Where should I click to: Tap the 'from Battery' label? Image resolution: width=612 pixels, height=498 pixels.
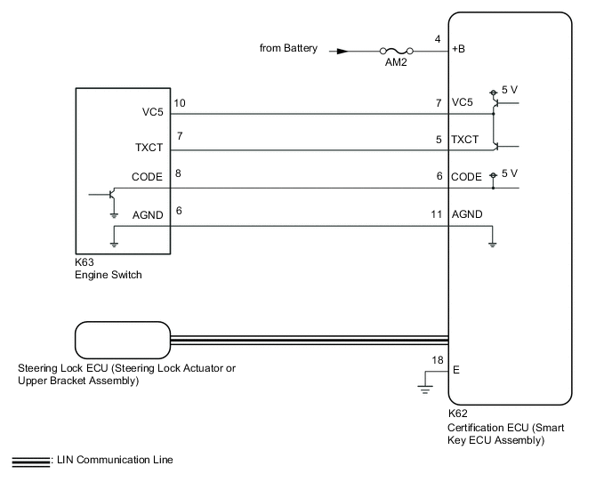coord(289,49)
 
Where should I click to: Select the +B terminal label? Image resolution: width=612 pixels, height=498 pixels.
coord(459,49)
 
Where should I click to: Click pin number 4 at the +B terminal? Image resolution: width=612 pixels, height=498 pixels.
coord(437,40)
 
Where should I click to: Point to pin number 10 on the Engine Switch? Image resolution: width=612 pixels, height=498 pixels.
coord(180,104)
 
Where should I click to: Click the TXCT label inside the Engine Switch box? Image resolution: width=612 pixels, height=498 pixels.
coord(148,148)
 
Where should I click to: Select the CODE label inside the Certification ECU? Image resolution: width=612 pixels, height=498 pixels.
coord(466,177)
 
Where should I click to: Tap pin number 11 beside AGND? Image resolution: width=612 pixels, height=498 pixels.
coord(436,214)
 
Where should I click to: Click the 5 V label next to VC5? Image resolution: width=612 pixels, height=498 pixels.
coord(510,90)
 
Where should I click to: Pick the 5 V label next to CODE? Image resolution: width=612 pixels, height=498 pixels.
coord(510,173)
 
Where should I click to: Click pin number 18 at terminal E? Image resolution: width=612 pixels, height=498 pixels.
coord(437,359)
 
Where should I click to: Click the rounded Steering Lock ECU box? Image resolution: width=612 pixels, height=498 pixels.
coord(120,339)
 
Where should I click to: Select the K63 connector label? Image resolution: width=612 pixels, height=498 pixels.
coord(85,264)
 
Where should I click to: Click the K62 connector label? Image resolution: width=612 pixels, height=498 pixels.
coord(458,414)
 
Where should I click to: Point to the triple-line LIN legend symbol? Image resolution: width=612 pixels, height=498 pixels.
coord(30,461)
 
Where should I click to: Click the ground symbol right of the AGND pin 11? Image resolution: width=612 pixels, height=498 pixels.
coord(492,243)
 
